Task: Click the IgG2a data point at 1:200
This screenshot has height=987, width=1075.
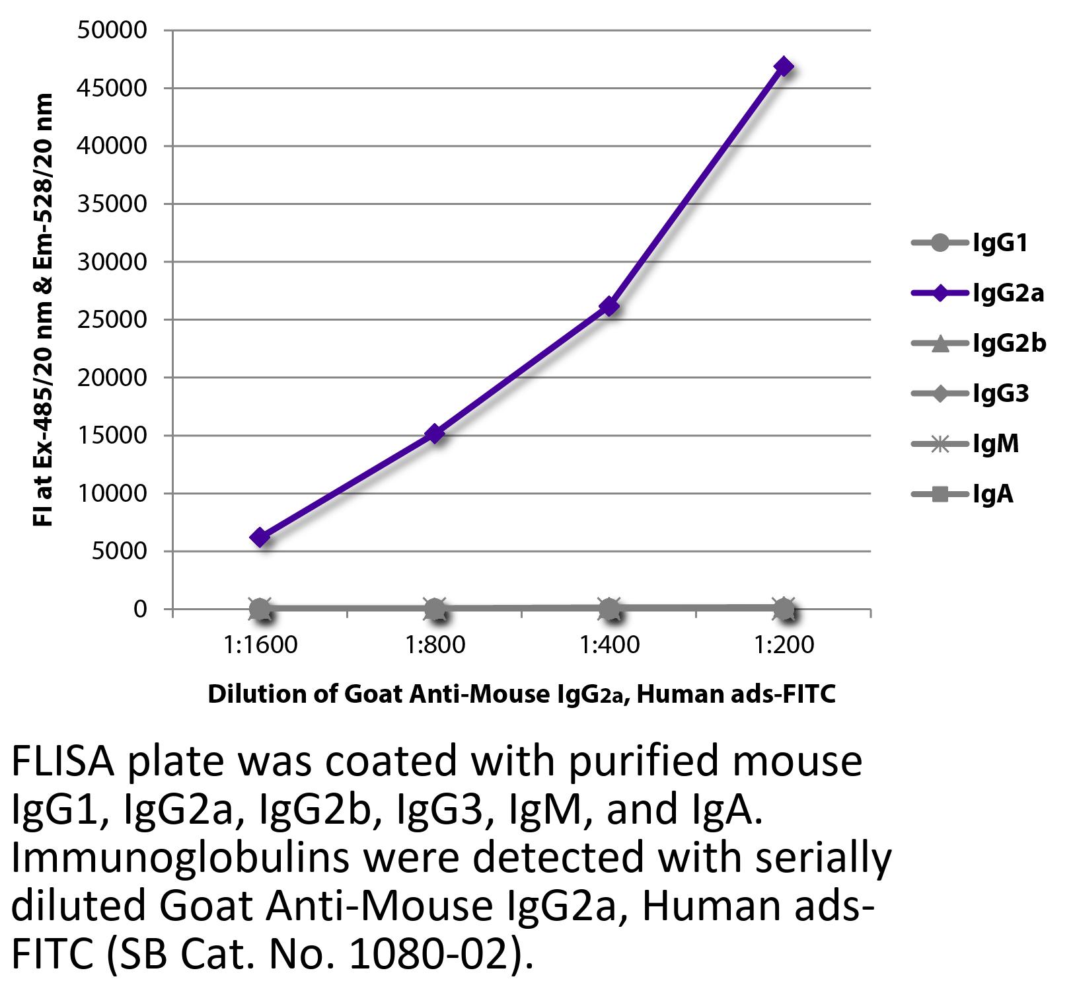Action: point(784,67)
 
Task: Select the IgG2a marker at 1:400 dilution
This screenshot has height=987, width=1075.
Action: point(609,306)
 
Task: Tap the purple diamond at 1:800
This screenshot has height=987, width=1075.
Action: point(435,434)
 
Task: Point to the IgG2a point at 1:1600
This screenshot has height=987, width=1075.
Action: point(260,537)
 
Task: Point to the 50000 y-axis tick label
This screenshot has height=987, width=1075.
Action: point(112,30)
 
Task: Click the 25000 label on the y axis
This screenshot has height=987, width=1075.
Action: point(112,320)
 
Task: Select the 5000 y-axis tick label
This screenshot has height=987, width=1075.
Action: point(119,551)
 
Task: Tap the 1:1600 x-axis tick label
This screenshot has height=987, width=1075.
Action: point(260,645)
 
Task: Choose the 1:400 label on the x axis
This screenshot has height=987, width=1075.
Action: point(609,645)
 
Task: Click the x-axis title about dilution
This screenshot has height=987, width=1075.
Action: point(521,694)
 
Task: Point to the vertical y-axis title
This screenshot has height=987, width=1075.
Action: point(42,311)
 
